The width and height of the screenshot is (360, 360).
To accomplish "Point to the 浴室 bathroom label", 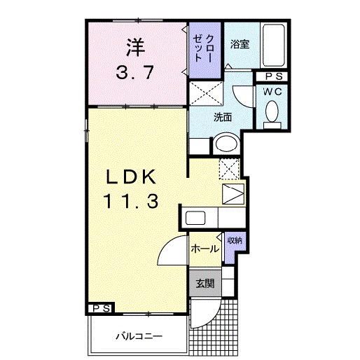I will [x=240, y=45].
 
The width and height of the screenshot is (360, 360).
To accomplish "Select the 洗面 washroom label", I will [x=223, y=117].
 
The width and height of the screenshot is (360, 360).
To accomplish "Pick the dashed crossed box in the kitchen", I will [x=228, y=169].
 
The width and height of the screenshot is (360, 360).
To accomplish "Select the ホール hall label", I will [x=205, y=248].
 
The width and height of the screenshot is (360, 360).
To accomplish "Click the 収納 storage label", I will [x=234, y=241].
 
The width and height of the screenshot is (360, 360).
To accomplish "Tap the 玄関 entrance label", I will [x=205, y=284].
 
